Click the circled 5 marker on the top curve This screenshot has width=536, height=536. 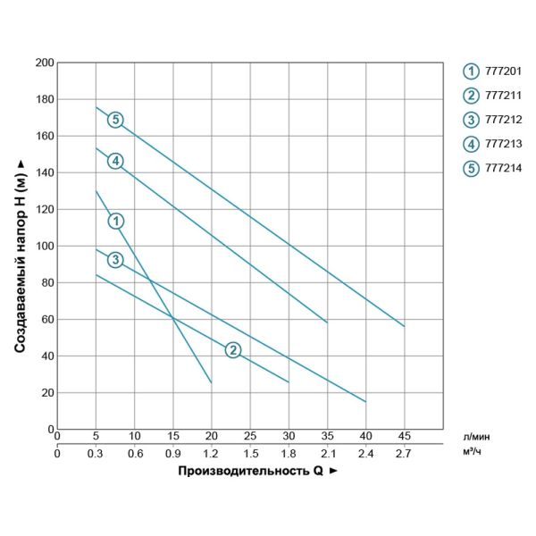pos(114,120)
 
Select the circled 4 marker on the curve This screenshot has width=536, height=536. pos(114,161)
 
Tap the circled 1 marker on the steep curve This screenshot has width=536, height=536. pos(115,221)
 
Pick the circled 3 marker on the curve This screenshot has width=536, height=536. pos(115,260)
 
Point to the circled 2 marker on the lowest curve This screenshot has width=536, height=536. pos(232,349)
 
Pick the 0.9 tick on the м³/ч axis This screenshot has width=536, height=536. pos(173,452)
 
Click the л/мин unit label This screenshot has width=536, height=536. pos(475,435)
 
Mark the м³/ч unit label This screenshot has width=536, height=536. pos(473,451)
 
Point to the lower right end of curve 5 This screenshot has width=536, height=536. pos(404,326)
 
